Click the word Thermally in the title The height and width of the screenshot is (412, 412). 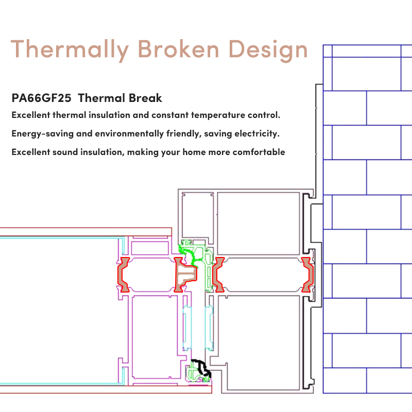point(70,50)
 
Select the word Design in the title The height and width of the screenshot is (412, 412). point(268,50)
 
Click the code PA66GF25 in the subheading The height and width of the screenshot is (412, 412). point(42,98)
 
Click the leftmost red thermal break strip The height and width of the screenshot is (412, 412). point(121,274)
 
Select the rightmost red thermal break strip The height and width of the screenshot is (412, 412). point(310,274)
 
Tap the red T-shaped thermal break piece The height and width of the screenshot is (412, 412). point(180,274)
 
